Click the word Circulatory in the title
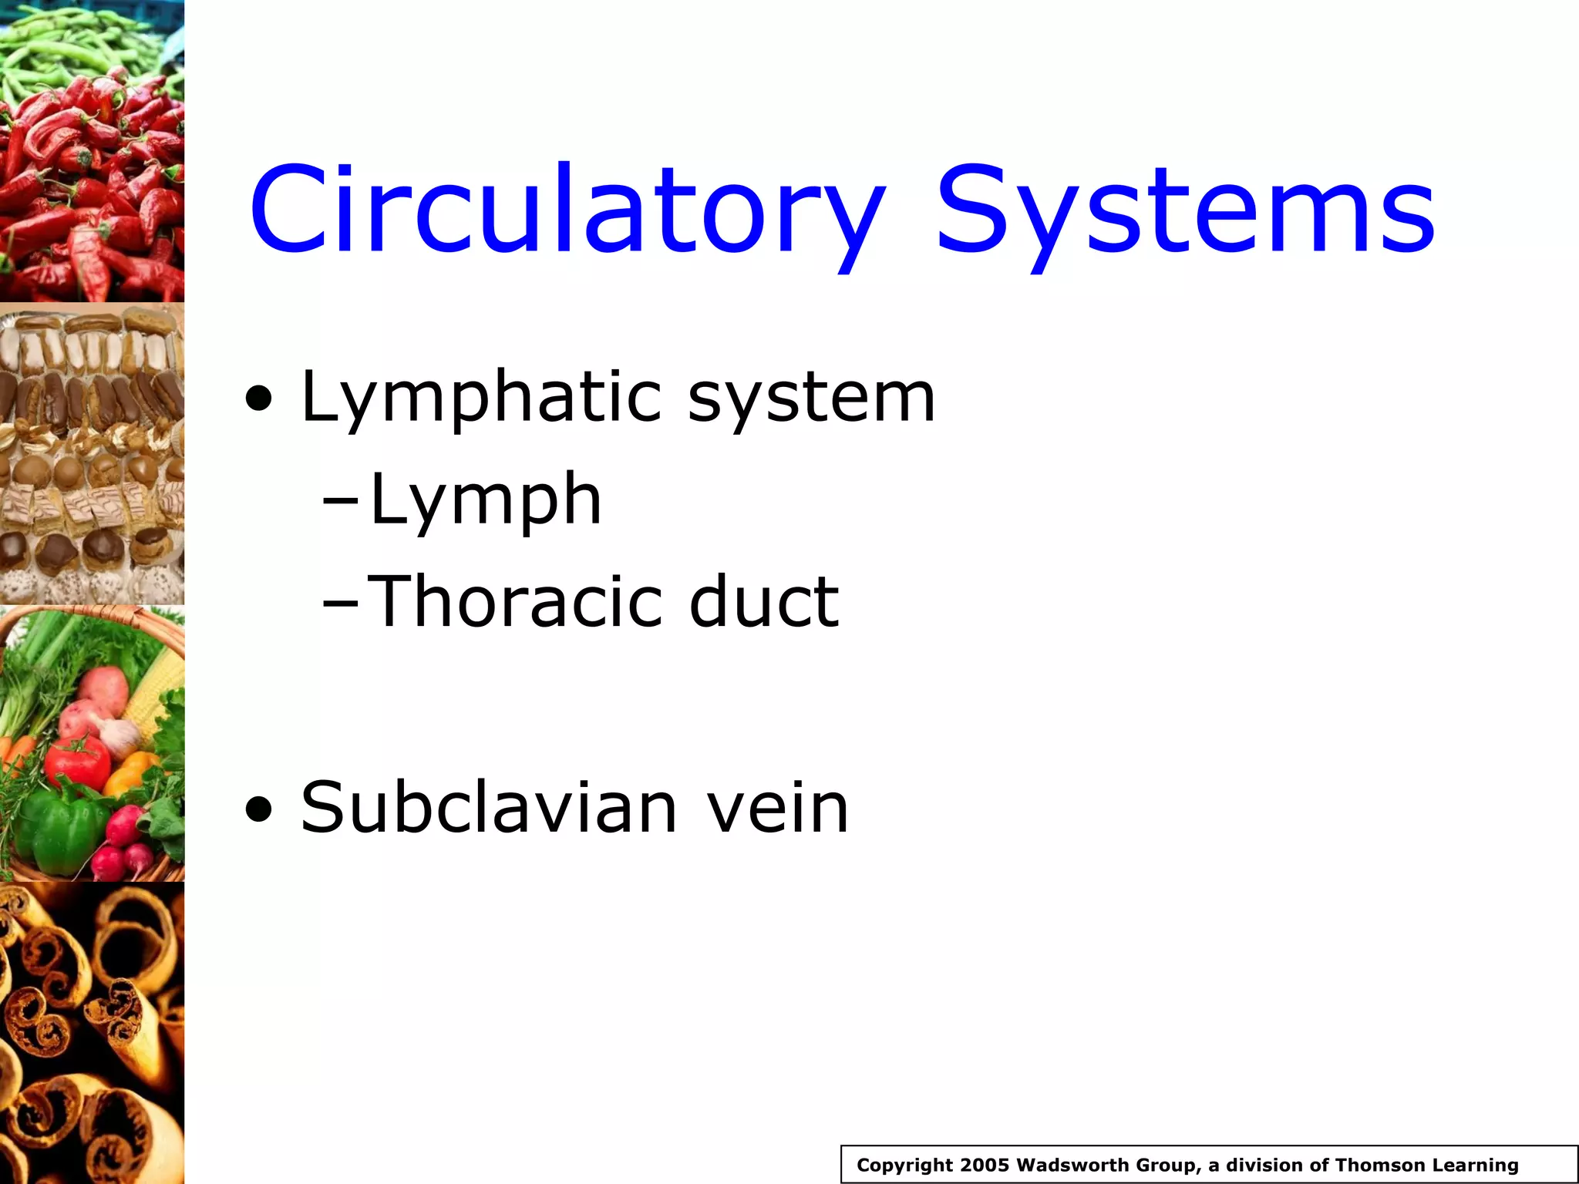click(567, 210)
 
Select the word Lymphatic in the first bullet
click(481, 399)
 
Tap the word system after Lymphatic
click(811, 399)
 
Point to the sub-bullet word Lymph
click(485, 501)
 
